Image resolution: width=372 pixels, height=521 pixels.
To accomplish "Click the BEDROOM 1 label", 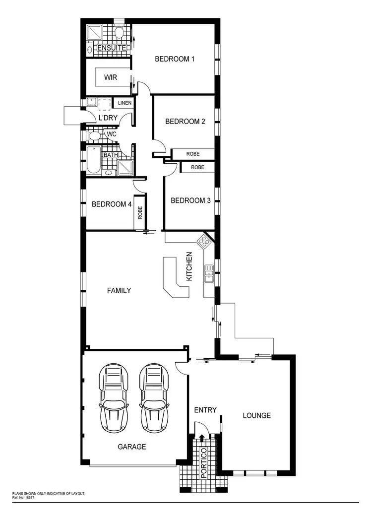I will [x=175, y=59].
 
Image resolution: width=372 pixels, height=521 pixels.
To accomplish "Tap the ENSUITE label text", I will [x=112, y=48].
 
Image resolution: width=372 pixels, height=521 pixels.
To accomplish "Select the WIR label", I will [x=111, y=77].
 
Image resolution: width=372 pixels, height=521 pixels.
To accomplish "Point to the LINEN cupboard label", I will [x=124, y=103].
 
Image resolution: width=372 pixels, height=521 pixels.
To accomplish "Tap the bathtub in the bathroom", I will [x=93, y=160].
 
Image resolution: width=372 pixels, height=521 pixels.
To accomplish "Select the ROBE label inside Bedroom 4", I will [x=140, y=213].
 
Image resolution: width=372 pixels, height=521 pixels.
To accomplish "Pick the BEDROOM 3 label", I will [x=190, y=200].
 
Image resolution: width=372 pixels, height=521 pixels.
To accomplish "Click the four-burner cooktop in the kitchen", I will [x=203, y=242].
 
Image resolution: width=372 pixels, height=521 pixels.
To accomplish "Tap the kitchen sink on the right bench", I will [x=209, y=274].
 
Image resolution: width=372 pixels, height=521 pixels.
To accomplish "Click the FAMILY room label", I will [x=119, y=290].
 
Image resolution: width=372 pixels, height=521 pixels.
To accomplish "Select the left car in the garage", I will [x=114, y=397].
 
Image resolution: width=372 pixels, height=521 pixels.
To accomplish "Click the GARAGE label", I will [x=131, y=447].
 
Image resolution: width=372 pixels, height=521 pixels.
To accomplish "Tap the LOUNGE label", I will [x=256, y=415].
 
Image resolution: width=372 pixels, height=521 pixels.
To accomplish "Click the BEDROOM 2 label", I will [x=185, y=121].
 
